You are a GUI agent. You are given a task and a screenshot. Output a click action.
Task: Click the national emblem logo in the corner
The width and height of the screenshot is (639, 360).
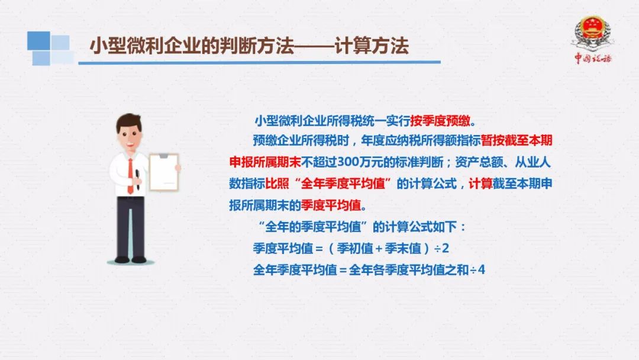coord(592,33)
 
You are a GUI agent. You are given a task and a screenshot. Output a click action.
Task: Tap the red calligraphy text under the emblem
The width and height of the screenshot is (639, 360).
coord(593,58)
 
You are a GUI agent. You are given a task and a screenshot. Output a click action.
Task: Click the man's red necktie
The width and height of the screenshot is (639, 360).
coord(130,176)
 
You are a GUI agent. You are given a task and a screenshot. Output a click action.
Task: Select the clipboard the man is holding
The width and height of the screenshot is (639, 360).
coord(164,172)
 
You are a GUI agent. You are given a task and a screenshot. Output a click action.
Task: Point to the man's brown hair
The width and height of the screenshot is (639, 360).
coord(129,121)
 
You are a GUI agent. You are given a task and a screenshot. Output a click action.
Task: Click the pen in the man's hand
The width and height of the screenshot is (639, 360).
coord(138,179)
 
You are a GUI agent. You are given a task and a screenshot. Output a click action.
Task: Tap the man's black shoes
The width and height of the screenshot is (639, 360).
coord(130,259)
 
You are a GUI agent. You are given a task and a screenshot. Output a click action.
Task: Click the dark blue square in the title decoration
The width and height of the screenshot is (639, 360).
coord(38,40)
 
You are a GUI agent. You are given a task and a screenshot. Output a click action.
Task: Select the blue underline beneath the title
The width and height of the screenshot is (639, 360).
coord(259,62)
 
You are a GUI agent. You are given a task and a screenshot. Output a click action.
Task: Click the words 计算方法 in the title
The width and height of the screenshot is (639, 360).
coord(371,45)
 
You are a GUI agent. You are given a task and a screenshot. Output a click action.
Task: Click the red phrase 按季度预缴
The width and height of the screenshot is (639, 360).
coord(440,121)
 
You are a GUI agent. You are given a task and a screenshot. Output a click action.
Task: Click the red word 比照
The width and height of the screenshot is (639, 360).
coord(277,184)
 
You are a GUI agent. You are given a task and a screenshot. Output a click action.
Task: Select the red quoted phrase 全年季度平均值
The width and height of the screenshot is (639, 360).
coord(343,184)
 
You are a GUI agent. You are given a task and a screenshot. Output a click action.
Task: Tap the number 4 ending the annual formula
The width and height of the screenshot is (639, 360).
coord(481,270)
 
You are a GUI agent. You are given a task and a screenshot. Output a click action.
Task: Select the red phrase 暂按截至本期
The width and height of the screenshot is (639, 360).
coord(517,141)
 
